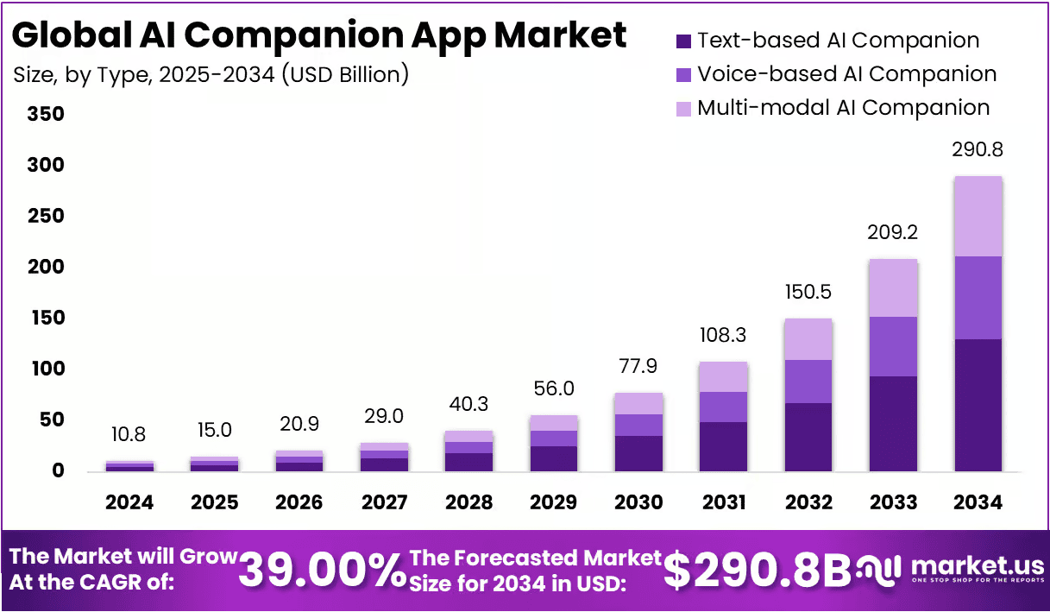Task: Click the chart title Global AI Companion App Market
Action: click(x=319, y=35)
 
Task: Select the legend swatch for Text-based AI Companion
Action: click(x=683, y=41)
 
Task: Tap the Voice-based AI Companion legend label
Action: click(x=846, y=74)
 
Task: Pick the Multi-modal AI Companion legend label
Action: click(x=843, y=108)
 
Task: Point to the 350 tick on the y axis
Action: click(x=46, y=114)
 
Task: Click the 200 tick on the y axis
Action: click(x=46, y=267)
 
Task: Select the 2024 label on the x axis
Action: click(x=130, y=502)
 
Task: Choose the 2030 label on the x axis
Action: click(x=638, y=502)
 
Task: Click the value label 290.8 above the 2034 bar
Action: click(x=978, y=150)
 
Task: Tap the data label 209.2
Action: click(x=894, y=233)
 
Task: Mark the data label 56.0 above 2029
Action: click(x=554, y=389)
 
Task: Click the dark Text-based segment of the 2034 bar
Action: click(x=978, y=405)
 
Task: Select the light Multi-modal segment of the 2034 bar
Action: click(x=978, y=217)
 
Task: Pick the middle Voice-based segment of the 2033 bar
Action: click(x=894, y=346)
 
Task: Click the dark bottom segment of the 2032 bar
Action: click(x=808, y=437)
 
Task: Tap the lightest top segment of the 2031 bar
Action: click(x=724, y=376)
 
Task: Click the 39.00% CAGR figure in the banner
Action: click(x=322, y=570)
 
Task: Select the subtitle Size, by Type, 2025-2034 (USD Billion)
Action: click(x=211, y=75)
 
